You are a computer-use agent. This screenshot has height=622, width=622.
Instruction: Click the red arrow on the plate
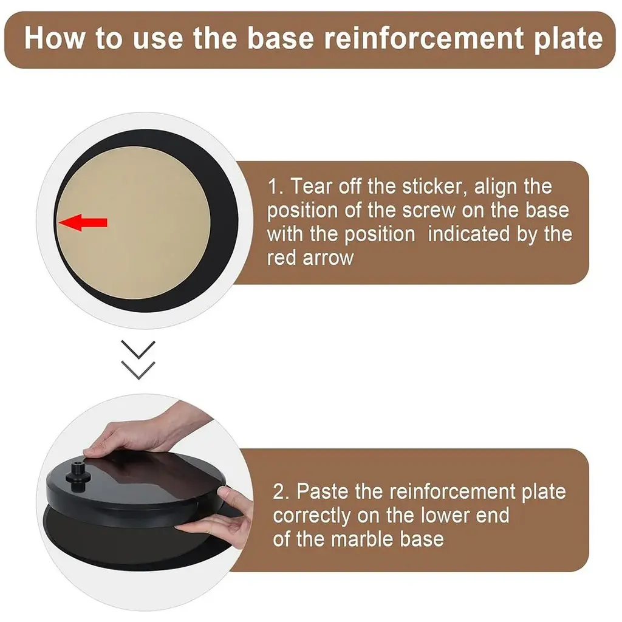(x=83, y=222)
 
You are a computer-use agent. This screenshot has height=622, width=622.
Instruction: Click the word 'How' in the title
(x=55, y=38)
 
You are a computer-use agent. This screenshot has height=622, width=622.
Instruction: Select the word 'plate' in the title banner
(x=569, y=39)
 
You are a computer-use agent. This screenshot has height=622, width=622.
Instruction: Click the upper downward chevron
(x=138, y=349)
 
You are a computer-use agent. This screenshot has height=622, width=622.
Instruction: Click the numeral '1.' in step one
(x=276, y=186)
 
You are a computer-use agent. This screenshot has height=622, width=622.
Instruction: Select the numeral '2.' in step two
(x=281, y=491)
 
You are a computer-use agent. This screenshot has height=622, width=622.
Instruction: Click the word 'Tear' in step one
(x=311, y=186)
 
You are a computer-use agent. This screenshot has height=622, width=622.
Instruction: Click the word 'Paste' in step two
(x=323, y=491)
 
